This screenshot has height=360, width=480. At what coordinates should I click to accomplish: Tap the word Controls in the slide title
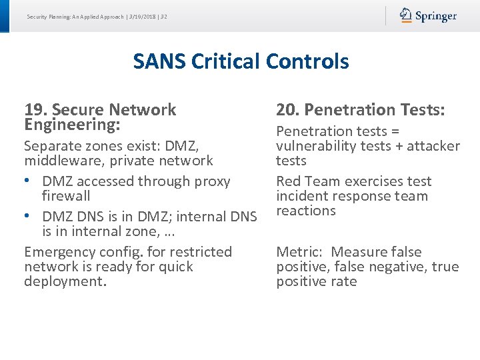coord(307,61)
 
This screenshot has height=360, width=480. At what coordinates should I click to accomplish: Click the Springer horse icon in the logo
coord(406,15)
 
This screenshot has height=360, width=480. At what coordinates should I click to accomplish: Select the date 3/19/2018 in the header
coord(140,17)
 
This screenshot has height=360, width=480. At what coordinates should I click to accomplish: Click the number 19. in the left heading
coord(35,109)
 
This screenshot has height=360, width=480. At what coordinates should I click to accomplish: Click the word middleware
coord(57,161)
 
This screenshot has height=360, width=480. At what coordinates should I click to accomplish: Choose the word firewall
coord(66,196)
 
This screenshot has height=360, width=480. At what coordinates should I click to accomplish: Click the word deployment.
coord(64,281)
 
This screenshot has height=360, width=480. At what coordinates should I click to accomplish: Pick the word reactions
coord(306,211)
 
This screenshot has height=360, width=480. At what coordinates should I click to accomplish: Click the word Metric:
coord(299,252)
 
